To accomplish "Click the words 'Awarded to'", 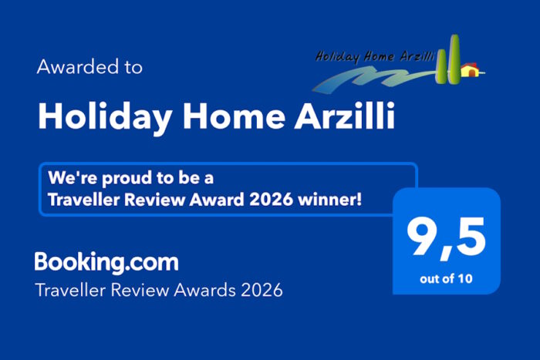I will coord(89,67).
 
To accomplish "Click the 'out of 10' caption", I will coord(447,278).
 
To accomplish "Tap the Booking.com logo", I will coord(106,262).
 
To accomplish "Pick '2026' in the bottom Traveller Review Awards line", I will coord(261,291).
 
